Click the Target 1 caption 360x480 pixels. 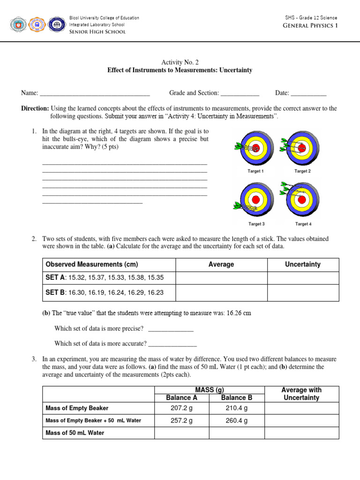[x=255, y=172]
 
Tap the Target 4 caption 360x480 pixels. [x=303, y=224]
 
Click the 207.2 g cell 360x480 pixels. [x=181, y=408]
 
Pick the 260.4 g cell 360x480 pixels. [x=236, y=420]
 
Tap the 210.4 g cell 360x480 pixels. [x=236, y=408]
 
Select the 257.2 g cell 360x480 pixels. [x=181, y=420]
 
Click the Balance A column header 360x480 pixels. [x=181, y=397]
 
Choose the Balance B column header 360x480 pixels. [x=236, y=397]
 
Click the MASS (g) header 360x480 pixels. [x=209, y=390]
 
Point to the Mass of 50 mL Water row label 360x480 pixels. [x=75, y=433]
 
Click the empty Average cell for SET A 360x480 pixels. [x=221, y=278]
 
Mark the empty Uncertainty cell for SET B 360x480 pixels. [x=303, y=293]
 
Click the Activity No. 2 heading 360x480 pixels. [x=180, y=61]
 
